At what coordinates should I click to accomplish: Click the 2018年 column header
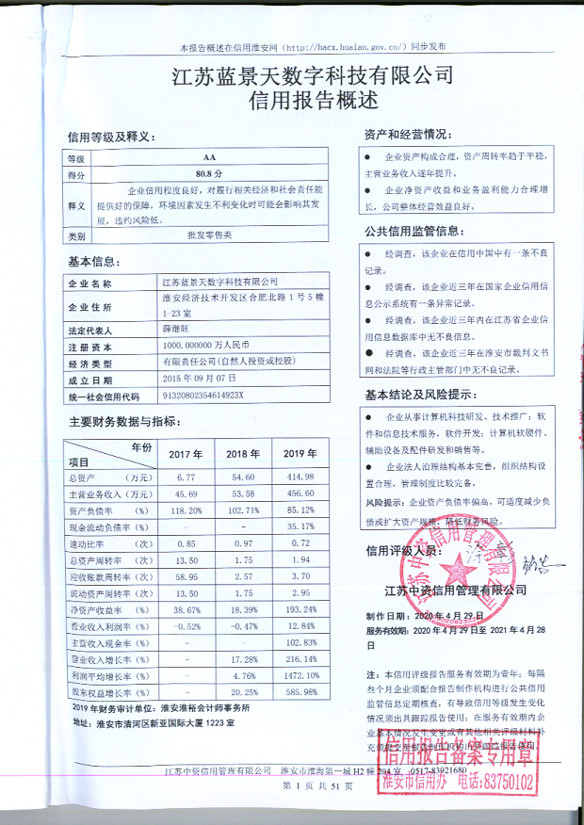tap(242, 454)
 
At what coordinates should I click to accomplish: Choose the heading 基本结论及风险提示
tap(418, 394)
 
